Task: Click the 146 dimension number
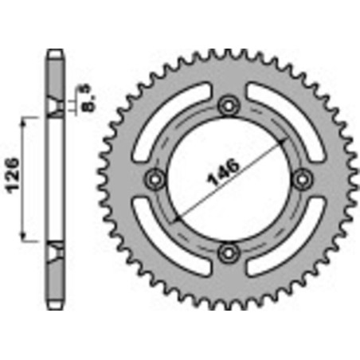(x=223, y=173)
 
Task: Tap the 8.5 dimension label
(x=88, y=98)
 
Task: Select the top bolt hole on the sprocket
(x=229, y=107)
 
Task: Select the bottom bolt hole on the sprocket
(x=229, y=252)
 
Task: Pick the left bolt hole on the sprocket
(x=155, y=179)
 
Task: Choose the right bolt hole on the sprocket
(x=302, y=179)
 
